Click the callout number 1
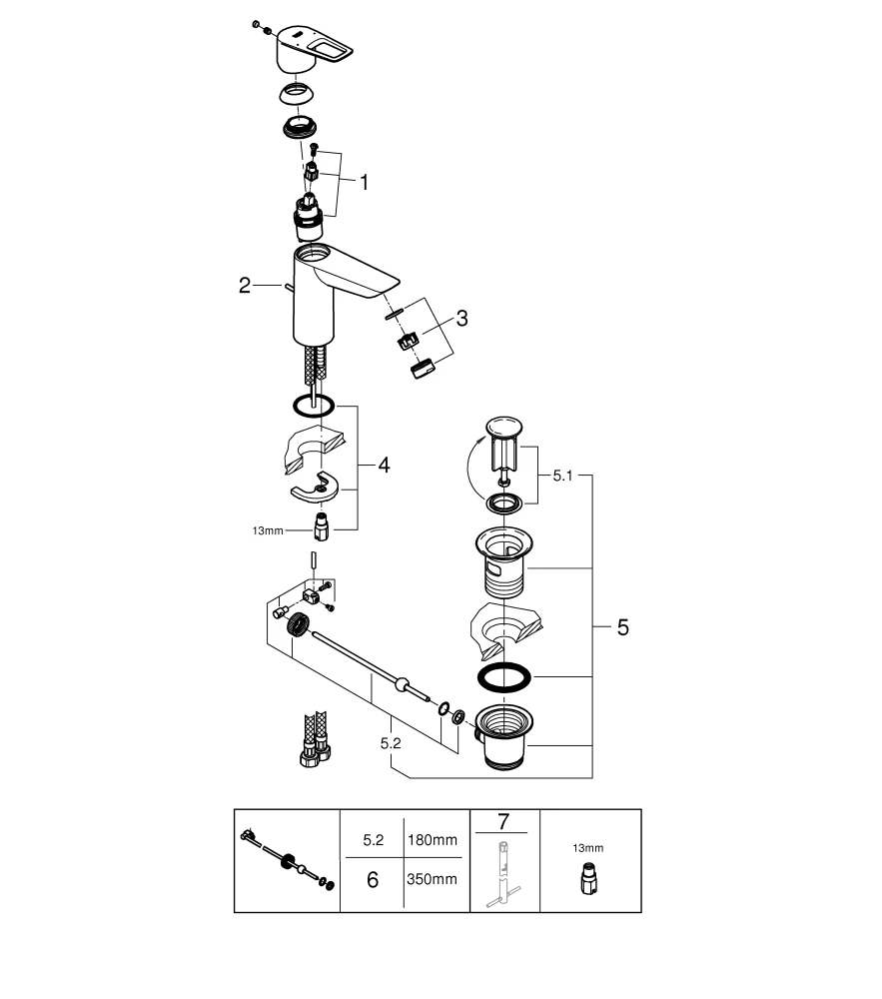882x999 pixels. (x=365, y=182)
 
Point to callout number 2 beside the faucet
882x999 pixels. (x=245, y=286)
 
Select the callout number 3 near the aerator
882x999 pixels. (x=461, y=319)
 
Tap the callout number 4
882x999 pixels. (x=385, y=465)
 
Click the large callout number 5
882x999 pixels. (x=622, y=627)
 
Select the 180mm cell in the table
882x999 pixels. (x=434, y=840)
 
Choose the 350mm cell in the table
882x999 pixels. (x=434, y=880)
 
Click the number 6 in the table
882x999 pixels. (x=373, y=881)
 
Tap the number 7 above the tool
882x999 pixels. (x=503, y=822)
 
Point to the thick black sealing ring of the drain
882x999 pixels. (x=504, y=677)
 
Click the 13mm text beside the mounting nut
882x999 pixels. (x=268, y=530)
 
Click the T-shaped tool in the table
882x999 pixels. (x=503, y=875)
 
